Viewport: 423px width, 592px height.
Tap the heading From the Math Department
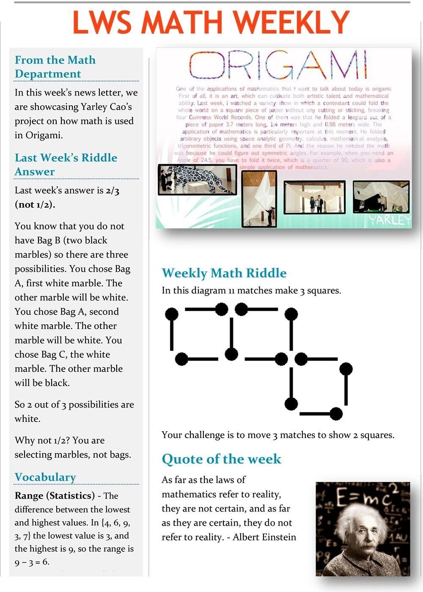point(55,67)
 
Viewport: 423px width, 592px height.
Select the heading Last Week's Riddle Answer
point(66,164)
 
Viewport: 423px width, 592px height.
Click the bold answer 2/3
point(113,191)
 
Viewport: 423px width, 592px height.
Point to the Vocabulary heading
point(45,477)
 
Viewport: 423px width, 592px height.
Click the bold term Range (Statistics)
point(55,496)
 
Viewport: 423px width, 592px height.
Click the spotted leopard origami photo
point(197,180)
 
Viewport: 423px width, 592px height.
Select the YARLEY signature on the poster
point(389,220)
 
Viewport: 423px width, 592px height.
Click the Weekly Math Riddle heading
point(224,273)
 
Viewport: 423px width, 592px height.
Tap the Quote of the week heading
point(221,459)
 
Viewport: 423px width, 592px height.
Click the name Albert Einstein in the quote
point(264,537)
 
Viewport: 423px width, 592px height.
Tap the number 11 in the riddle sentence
point(231,291)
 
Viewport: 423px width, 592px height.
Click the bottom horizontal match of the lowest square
point(317,413)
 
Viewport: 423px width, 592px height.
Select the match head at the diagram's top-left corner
point(171,314)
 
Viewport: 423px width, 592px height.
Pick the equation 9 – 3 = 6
point(32,562)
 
